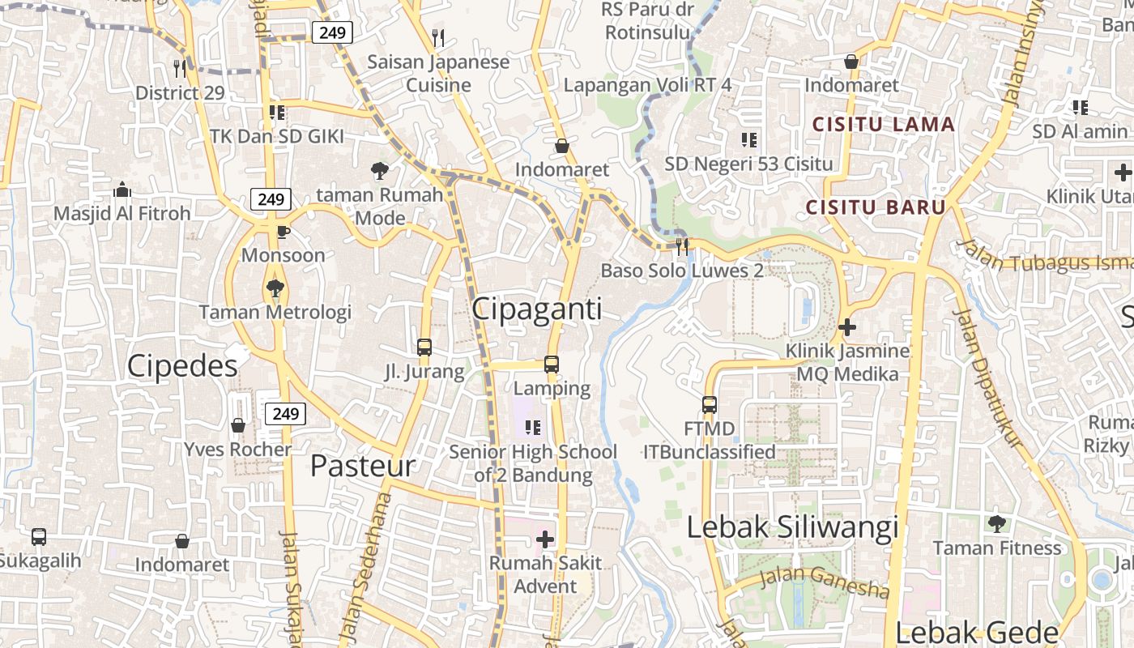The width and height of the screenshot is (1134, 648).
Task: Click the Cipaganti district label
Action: pos(536,309)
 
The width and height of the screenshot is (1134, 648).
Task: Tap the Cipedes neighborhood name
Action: pos(182,366)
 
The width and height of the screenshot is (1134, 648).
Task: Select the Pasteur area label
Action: pos(362,466)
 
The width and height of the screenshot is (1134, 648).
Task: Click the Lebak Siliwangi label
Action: pos(792,527)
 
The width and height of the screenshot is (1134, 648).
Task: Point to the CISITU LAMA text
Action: pos(884,125)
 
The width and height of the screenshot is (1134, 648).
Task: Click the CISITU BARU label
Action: pos(876,207)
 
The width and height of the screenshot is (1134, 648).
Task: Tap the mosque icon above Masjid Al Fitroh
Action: pos(122,190)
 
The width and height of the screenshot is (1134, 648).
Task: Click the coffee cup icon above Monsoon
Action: pos(283,232)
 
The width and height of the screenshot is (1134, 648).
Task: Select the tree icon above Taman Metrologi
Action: pos(275,288)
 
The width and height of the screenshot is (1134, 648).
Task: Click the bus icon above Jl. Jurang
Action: pos(424,347)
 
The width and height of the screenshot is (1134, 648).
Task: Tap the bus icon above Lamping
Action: pos(552,364)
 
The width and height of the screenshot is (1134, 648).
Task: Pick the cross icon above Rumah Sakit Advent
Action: pos(545,539)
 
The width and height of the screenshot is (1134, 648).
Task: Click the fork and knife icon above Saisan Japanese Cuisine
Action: pos(438,37)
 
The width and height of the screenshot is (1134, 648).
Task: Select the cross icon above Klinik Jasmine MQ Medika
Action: pos(847,327)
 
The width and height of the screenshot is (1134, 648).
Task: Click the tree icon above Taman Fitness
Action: pos(996,524)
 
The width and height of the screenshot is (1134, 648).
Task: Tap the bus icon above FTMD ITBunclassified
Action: pos(709,404)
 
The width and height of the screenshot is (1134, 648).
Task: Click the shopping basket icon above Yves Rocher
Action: pos(238,425)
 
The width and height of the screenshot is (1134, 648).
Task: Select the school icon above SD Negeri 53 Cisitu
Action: pos(748,139)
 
